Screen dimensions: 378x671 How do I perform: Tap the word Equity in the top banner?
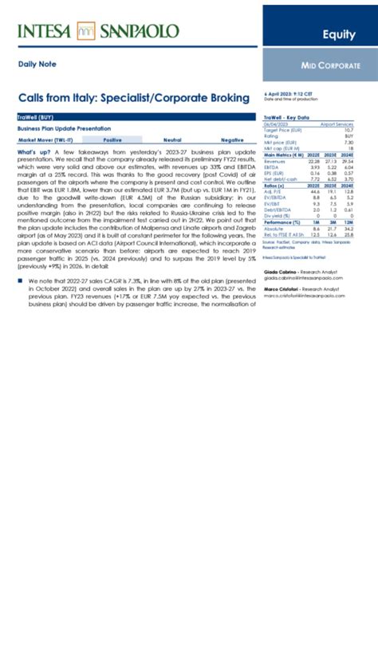click(339, 34)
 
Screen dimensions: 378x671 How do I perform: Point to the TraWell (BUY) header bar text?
click(35, 117)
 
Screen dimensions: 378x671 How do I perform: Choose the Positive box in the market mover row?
click(113, 139)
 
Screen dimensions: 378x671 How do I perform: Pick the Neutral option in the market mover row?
click(171, 139)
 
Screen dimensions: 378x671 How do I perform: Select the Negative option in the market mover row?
click(232, 139)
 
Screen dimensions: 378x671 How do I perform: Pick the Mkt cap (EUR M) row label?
click(281, 148)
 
